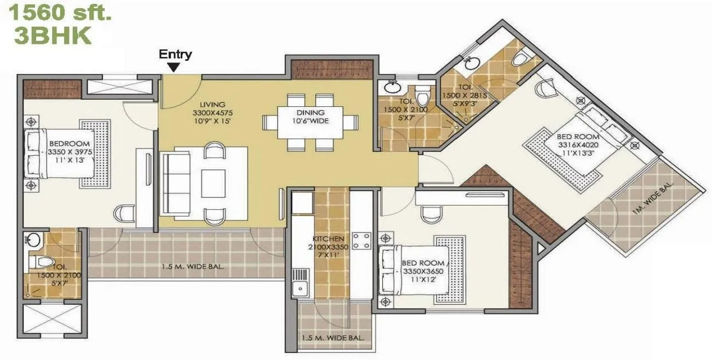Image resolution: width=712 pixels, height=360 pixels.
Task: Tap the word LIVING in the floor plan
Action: tap(213, 105)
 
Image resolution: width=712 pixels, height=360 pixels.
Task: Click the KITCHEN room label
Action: tap(329, 239)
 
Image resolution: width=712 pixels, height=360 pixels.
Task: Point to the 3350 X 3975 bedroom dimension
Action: tap(68, 151)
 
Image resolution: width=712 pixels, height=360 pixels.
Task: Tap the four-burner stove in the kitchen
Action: tap(361, 239)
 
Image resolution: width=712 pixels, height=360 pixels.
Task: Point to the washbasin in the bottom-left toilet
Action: tap(34, 239)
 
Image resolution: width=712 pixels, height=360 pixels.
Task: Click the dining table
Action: tap(310, 121)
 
